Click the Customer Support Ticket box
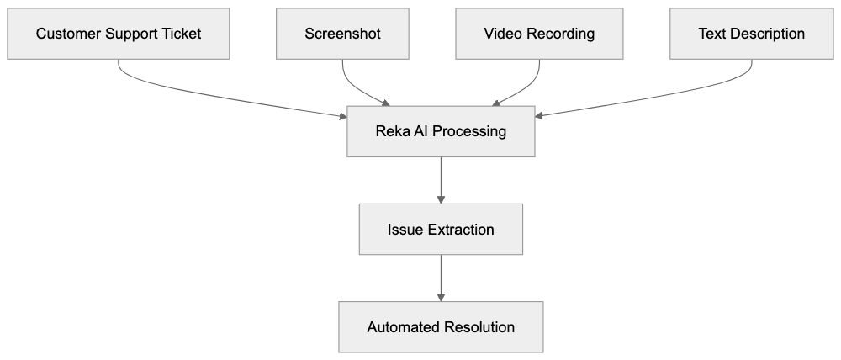pos(119,34)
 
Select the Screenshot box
pos(342,34)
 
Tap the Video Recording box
pos(539,34)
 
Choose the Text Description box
pos(751,34)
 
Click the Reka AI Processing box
pos(441,131)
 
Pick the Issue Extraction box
pos(441,230)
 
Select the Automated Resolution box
pos(441,327)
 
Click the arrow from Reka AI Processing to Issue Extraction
pos(441,180)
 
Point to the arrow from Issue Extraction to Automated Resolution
pos(441,278)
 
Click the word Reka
pos(392,131)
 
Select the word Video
pos(502,34)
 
